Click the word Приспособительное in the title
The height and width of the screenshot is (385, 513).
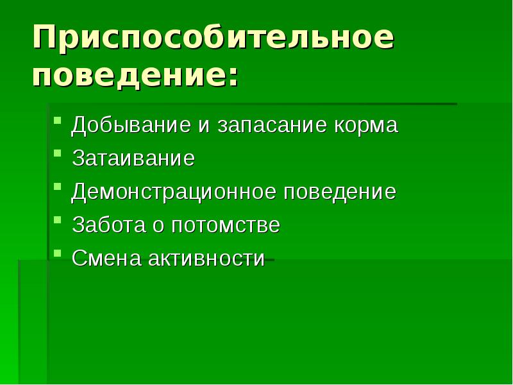coord(213,40)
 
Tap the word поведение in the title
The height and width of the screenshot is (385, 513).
coord(128,78)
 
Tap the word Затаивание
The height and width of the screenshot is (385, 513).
coord(133,158)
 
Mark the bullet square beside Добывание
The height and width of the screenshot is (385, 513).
coord(58,119)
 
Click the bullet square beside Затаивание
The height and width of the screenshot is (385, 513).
coord(58,153)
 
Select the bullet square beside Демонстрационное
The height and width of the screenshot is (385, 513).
coord(58,186)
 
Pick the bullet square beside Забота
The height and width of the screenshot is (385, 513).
coord(58,219)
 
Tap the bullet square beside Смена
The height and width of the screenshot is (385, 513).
coord(58,253)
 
